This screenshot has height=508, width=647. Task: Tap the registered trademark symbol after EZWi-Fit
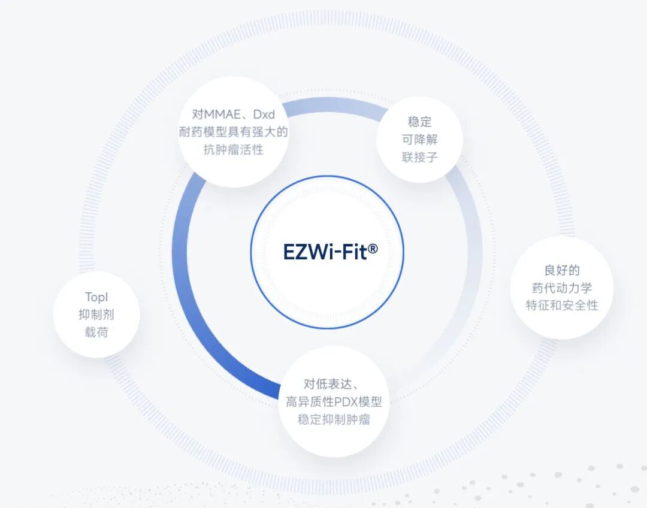(373, 247)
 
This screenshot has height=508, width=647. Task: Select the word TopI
(96, 297)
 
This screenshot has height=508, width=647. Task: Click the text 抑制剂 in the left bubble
(96, 315)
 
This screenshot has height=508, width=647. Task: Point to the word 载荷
(96, 332)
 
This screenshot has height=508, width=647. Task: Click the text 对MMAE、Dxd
(234, 114)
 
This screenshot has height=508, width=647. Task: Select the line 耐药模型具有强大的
(234, 132)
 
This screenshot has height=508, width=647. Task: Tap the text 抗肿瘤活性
(234, 150)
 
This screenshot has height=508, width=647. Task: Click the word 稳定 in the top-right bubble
(419, 122)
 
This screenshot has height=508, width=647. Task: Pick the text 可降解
(419, 140)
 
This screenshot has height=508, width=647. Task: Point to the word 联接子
(419, 158)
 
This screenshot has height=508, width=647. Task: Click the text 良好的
(562, 270)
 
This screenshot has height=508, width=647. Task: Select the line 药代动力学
(562, 288)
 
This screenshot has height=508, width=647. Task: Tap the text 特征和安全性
(562, 306)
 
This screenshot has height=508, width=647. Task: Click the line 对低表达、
(331, 384)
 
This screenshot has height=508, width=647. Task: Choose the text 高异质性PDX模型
(334, 402)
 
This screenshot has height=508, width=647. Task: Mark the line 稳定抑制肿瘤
(334, 420)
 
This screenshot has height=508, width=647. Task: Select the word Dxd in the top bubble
(263, 114)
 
